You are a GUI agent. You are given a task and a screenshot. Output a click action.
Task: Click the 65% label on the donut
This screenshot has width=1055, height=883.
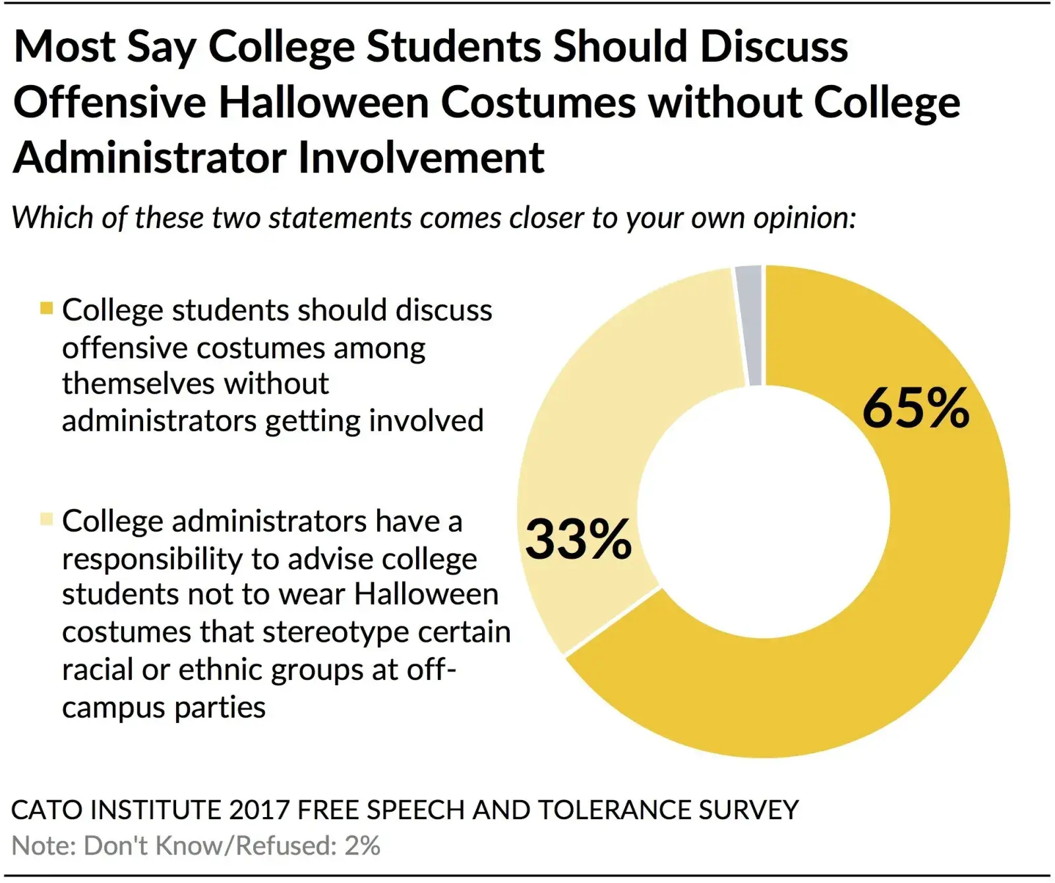(915, 409)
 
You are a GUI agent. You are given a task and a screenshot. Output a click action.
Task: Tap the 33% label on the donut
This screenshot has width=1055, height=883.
(578, 540)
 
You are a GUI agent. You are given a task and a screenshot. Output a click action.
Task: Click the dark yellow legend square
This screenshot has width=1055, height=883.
(46, 308)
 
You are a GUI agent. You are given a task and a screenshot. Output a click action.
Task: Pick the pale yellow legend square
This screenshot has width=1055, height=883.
(46, 519)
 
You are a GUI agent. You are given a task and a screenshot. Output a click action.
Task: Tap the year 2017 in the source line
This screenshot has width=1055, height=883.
(260, 810)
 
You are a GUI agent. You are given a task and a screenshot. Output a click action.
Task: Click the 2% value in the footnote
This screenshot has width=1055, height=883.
(362, 846)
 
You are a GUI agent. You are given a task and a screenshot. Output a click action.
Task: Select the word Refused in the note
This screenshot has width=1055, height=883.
(283, 846)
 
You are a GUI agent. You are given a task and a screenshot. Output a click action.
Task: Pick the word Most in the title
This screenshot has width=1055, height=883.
(65, 47)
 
